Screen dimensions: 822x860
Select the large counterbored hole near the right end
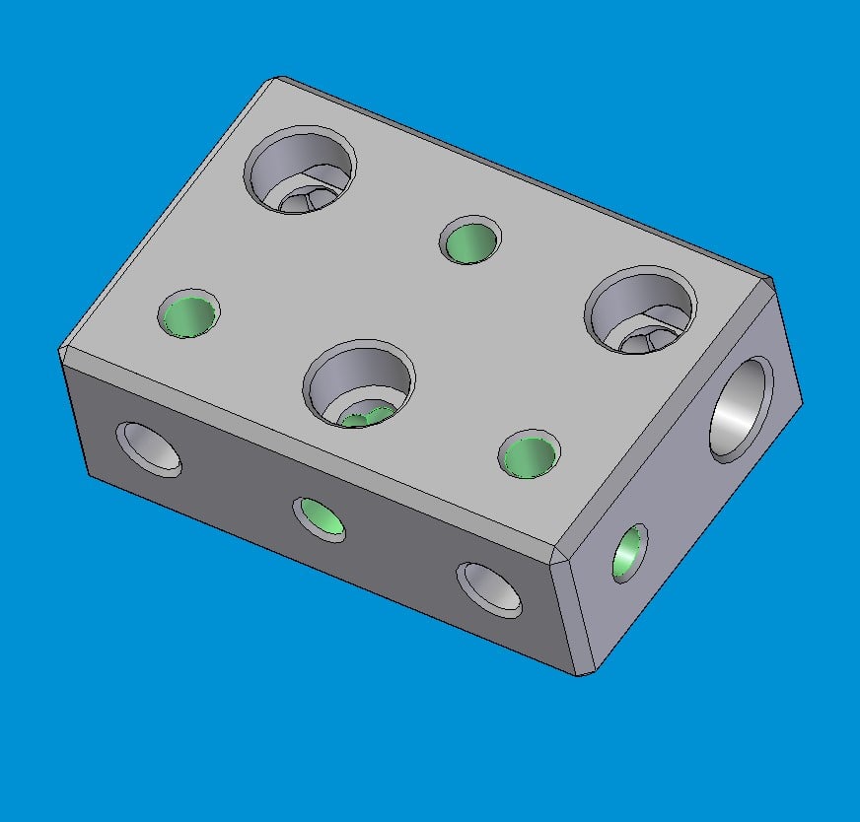tap(641, 310)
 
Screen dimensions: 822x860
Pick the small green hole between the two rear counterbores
tap(470, 240)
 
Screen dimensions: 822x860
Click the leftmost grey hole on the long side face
tap(149, 448)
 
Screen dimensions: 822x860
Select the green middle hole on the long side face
tap(322, 517)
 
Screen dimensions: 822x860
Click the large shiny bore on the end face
tap(741, 410)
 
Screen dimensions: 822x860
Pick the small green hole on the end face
tap(628, 552)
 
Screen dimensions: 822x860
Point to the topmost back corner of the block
tap(279, 79)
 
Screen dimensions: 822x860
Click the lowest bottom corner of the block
tap(584, 673)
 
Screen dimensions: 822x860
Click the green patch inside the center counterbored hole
tap(367, 417)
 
